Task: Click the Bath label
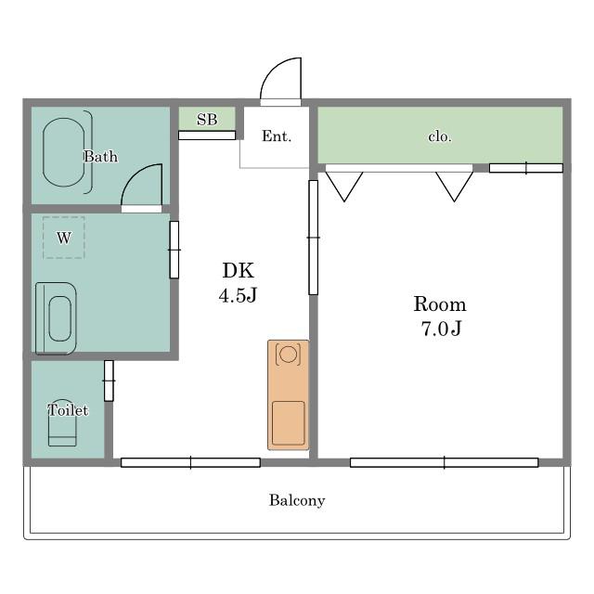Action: tap(100, 157)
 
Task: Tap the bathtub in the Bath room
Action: tap(64, 152)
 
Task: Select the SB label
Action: tap(207, 120)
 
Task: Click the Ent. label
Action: tap(277, 136)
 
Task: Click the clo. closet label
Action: tap(440, 136)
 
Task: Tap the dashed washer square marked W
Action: tap(64, 238)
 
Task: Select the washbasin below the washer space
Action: tap(56, 318)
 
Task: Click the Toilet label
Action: tap(68, 410)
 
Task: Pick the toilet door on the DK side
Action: tap(109, 381)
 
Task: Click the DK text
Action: tap(238, 270)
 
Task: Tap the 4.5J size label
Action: tap(238, 295)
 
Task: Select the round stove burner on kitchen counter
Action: tap(288, 355)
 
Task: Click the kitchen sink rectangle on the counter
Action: tap(289, 423)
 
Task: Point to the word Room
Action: tap(440, 304)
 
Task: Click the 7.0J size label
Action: tap(442, 329)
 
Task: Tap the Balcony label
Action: tap(297, 500)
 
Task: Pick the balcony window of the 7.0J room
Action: tap(444, 462)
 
